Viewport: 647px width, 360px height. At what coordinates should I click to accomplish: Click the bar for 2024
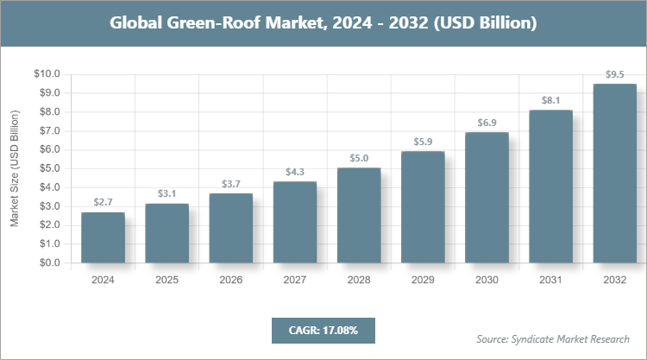pos(103,237)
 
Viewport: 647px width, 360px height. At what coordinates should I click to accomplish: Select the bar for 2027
pos(295,222)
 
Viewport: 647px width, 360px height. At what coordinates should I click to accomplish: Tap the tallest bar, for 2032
pos(615,173)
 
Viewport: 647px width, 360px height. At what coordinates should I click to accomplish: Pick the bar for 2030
pos(487,198)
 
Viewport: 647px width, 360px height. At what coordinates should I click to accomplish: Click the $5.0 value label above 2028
pos(359,158)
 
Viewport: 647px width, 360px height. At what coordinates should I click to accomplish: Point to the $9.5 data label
pos(615,74)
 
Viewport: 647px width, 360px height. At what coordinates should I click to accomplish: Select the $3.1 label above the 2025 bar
pos(166,193)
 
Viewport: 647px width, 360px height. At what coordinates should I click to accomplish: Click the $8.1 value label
pos(550,100)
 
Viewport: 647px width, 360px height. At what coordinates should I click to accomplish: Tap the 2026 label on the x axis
pos(231,280)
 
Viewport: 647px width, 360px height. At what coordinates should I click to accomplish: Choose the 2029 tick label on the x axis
pos(423,280)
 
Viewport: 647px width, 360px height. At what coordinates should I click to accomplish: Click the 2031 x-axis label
pos(550,280)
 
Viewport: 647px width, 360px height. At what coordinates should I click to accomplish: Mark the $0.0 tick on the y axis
pos(48,263)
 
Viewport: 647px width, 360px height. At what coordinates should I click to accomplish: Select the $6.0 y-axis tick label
pos(48,150)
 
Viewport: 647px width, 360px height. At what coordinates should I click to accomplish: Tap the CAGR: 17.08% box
pos(323,330)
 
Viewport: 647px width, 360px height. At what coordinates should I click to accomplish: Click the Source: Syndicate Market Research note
pos(553,338)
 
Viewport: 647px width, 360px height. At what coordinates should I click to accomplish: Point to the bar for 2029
pos(423,207)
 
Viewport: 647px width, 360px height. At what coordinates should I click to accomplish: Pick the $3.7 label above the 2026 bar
pos(231,183)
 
